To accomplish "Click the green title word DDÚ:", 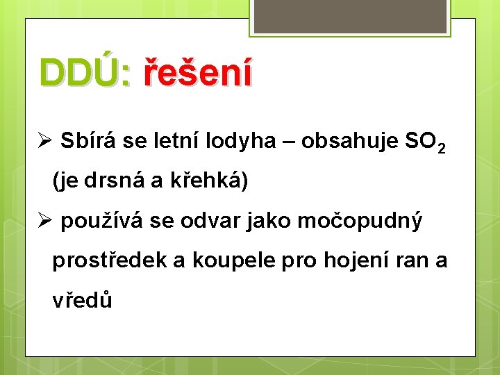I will (x=85, y=73).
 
